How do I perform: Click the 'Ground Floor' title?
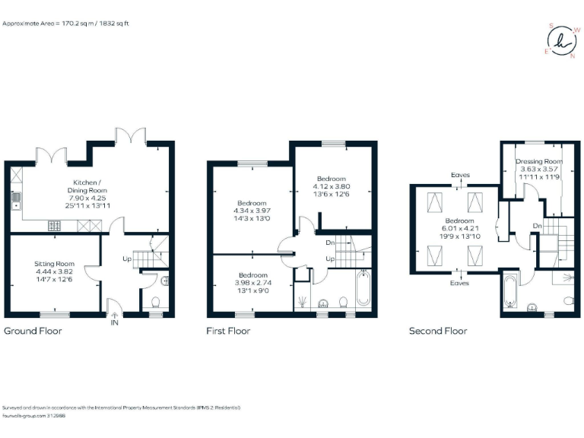click(x=33, y=331)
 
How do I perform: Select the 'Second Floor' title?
click(x=438, y=331)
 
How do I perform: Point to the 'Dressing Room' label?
click(x=538, y=162)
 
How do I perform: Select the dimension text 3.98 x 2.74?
click(x=252, y=283)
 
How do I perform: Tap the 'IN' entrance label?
click(x=114, y=323)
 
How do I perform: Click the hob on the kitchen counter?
click(x=56, y=225)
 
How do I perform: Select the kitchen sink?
click(x=15, y=201)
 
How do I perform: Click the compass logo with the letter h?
click(x=562, y=39)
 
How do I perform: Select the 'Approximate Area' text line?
click(x=67, y=24)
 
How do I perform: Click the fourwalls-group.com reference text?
click(x=34, y=415)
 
